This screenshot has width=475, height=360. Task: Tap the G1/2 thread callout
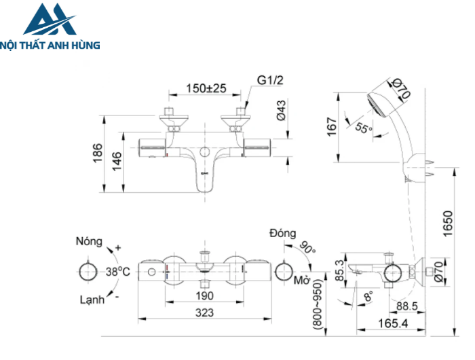pyautogui.click(x=270, y=80)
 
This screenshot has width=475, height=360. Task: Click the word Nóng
pyautogui.click(x=89, y=241)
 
